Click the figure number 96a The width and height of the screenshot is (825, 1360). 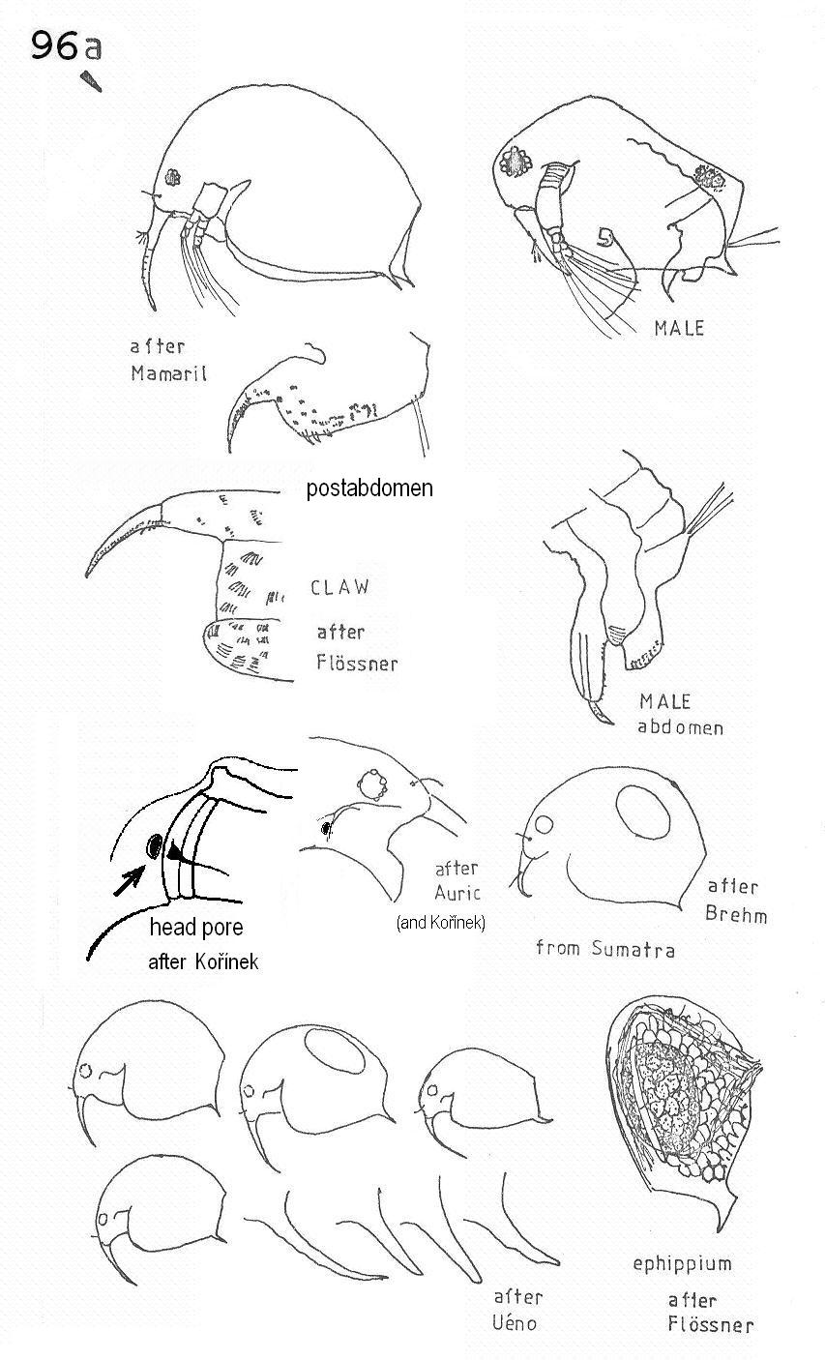(x=66, y=45)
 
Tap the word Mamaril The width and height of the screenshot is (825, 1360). (x=168, y=372)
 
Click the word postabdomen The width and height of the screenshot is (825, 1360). (x=369, y=488)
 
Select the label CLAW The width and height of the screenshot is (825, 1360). (x=339, y=587)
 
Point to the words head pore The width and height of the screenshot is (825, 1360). (x=196, y=927)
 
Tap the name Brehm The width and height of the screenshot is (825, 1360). (x=736, y=914)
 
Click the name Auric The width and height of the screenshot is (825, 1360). (x=457, y=893)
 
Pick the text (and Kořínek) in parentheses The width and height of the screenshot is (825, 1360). (x=441, y=923)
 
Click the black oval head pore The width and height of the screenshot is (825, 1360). (x=154, y=845)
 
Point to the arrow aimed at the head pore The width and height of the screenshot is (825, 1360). (x=129, y=880)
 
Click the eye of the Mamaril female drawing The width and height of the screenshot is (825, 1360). (x=172, y=177)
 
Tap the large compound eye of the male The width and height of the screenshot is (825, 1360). (x=516, y=163)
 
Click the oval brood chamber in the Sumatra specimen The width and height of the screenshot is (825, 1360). (x=643, y=813)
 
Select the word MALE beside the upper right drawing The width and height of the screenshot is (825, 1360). (x=679, y=329)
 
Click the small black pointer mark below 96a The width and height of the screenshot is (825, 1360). (x=92, y=81)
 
